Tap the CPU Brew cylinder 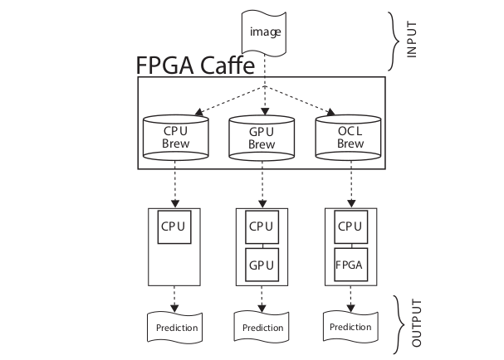(175, 137)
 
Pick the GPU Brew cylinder (262, 137)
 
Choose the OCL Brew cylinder (350, 137)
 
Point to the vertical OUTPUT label (417, 323)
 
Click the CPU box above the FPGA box (350, 226)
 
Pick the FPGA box (350, 265)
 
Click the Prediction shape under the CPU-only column (177, 327)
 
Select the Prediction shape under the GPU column (262, 327)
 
